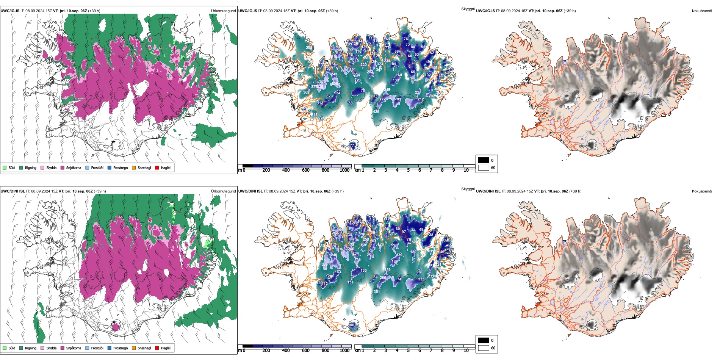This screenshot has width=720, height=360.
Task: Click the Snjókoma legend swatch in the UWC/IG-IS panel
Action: [63, 167]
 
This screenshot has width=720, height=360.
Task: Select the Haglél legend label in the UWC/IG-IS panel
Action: [166, 167]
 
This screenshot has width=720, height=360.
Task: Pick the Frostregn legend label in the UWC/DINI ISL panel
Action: [121, 348]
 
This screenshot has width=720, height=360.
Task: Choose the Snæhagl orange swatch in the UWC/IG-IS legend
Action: [134, 167]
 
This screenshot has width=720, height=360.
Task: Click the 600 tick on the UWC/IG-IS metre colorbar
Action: [306, 170]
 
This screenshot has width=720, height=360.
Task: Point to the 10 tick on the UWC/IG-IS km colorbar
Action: [466, 170]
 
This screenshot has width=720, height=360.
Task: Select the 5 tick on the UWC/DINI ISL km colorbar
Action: [409, 351]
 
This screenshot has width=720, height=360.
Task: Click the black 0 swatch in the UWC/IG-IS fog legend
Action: [484, 160]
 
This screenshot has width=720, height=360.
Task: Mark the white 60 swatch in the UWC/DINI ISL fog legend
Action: [484, 348]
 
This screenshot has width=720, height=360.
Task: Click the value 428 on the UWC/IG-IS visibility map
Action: [376, 112]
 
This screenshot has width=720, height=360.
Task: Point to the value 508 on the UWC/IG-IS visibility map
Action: [335, 84]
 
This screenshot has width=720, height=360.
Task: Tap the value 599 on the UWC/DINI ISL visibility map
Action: [324, 265]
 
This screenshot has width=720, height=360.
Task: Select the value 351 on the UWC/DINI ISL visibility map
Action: [377, 292]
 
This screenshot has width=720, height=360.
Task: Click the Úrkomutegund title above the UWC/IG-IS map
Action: [223, 11]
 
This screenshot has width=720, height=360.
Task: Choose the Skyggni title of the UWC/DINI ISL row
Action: [468, 189]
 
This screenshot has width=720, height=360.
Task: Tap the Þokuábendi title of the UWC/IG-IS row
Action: [702, 11]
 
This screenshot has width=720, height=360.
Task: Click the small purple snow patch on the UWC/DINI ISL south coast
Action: [116, 326]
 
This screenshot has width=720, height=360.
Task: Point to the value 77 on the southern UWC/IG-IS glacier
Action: [352, 145]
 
